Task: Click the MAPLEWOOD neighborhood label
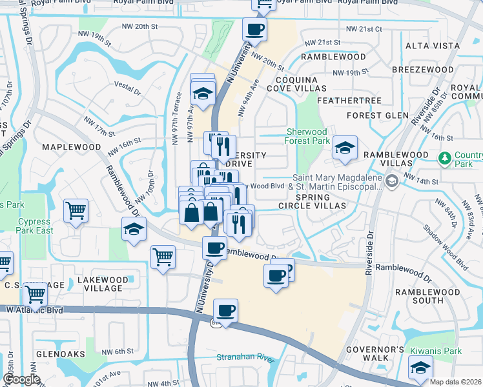(72, 147)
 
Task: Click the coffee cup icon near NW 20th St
(254, 30)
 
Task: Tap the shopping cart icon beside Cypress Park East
(76, 210)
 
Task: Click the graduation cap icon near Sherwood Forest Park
(345, 148)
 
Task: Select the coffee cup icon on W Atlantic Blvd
(226, 311)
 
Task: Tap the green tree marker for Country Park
(444, 158)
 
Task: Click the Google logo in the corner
(21, 379)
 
